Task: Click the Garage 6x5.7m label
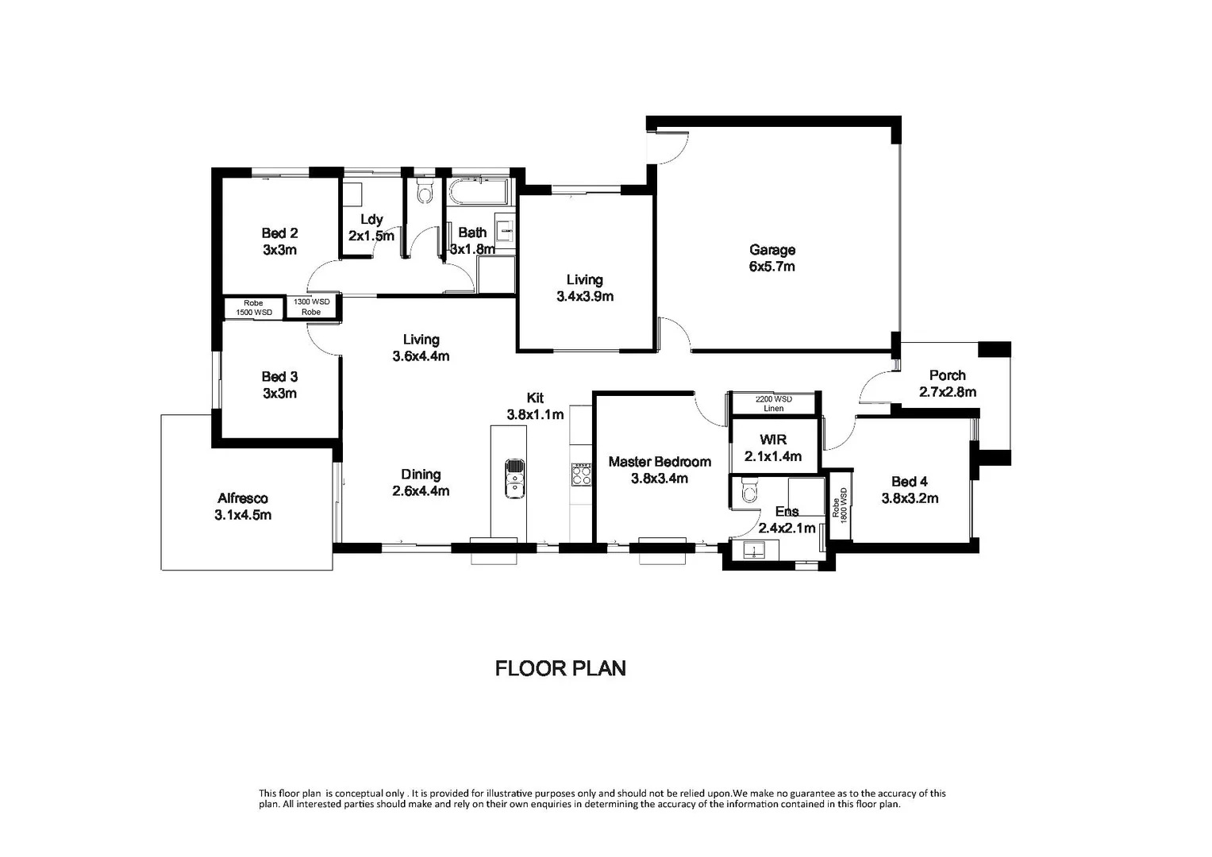pos(771,258)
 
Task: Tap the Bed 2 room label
pos(279,241)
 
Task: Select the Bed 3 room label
pos(279,385)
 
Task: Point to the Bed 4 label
pos(910,490)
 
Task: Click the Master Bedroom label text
pos(659,470)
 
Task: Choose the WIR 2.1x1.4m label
pos(772,448)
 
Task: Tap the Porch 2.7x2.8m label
pos(947,383)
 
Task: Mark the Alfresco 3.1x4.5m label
pos(243,506)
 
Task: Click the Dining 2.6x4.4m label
pos(421,482)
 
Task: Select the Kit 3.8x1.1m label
pos(535,405)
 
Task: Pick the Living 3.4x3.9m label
pos(584,287)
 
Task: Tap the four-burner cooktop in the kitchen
pos(581,474)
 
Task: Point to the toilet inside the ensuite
pos(747,494)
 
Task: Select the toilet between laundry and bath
pos(425,191)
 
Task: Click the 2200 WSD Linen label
pos(773,404)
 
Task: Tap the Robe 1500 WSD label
pos(253,308)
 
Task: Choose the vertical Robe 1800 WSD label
pos(839,503)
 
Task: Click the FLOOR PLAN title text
pos(560,668)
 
